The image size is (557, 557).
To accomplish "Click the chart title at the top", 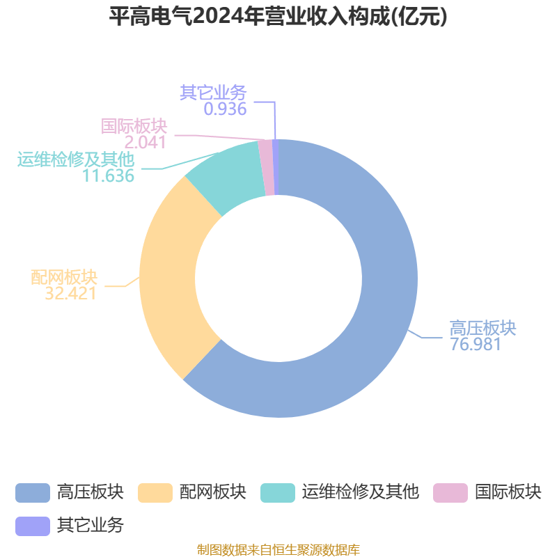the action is coord(278,16).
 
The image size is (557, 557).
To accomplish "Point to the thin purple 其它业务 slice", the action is coord(275,167).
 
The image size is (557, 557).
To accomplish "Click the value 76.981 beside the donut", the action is coord(476,344).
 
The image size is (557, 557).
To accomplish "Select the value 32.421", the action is coord(71,293).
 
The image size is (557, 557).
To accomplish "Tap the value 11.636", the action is coord(109,175).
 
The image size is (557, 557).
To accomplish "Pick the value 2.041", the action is coord(146,143).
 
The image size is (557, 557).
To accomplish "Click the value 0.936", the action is coord(225,109).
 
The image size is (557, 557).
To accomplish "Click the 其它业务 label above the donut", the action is coord(213,93).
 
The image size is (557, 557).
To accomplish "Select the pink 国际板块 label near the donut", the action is coord(134,126).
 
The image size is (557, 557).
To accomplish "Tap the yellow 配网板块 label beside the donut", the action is coord(64,277).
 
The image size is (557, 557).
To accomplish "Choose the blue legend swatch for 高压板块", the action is coord(33,493).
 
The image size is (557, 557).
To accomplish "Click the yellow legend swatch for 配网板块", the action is coord(155,493).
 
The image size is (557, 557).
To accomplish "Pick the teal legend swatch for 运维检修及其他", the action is coord(278,493).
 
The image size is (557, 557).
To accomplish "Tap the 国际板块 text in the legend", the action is coord(508,492).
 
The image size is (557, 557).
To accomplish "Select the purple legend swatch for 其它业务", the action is coord(33,526).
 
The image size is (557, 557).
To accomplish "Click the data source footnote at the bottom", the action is coord(278,549).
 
